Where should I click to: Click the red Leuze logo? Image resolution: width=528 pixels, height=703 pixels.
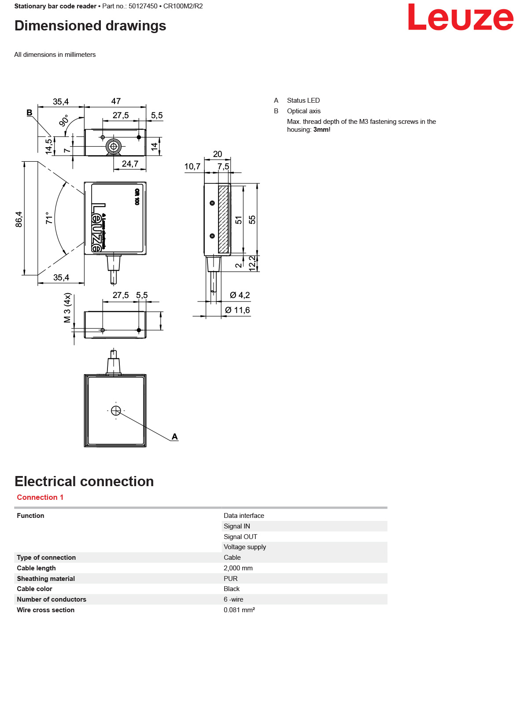(x=461, y=17)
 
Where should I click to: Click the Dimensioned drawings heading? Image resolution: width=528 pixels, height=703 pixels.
(x=90, y=26)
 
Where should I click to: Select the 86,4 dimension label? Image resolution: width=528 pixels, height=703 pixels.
(x=19, y=219)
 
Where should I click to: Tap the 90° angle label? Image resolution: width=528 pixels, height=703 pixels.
(x=64, y=120)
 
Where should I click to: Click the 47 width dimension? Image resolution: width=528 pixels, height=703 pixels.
(x=116, y=101)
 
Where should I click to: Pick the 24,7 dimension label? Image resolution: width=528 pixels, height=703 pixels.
(x=130, y=164)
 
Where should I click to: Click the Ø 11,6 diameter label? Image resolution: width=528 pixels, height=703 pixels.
(x=237, y=310)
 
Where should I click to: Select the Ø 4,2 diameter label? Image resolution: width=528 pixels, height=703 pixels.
(x=240, y=295)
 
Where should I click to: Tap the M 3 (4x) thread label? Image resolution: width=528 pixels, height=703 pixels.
(x=67, y=308)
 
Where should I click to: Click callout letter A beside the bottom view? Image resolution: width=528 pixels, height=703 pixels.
(x=174, y=436)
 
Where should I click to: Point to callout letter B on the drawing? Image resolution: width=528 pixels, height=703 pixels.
(x=30, y=112)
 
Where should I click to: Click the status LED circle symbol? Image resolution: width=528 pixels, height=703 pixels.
(x=116, y=410)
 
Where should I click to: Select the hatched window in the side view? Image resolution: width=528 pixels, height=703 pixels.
(x=223, y=219)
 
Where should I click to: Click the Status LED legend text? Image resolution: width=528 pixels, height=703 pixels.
(x=303, y=100)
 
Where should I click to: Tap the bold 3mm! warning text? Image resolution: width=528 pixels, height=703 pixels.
(x=321, y=130)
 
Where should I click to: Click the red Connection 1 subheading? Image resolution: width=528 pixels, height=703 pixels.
(x=40, y=497)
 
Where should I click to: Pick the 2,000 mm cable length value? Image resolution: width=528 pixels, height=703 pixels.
(x=238, y=568)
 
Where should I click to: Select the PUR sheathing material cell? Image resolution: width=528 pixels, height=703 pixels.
(x=230, y=578)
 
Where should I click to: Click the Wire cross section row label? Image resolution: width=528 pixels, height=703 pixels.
(x=45, y=610)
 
